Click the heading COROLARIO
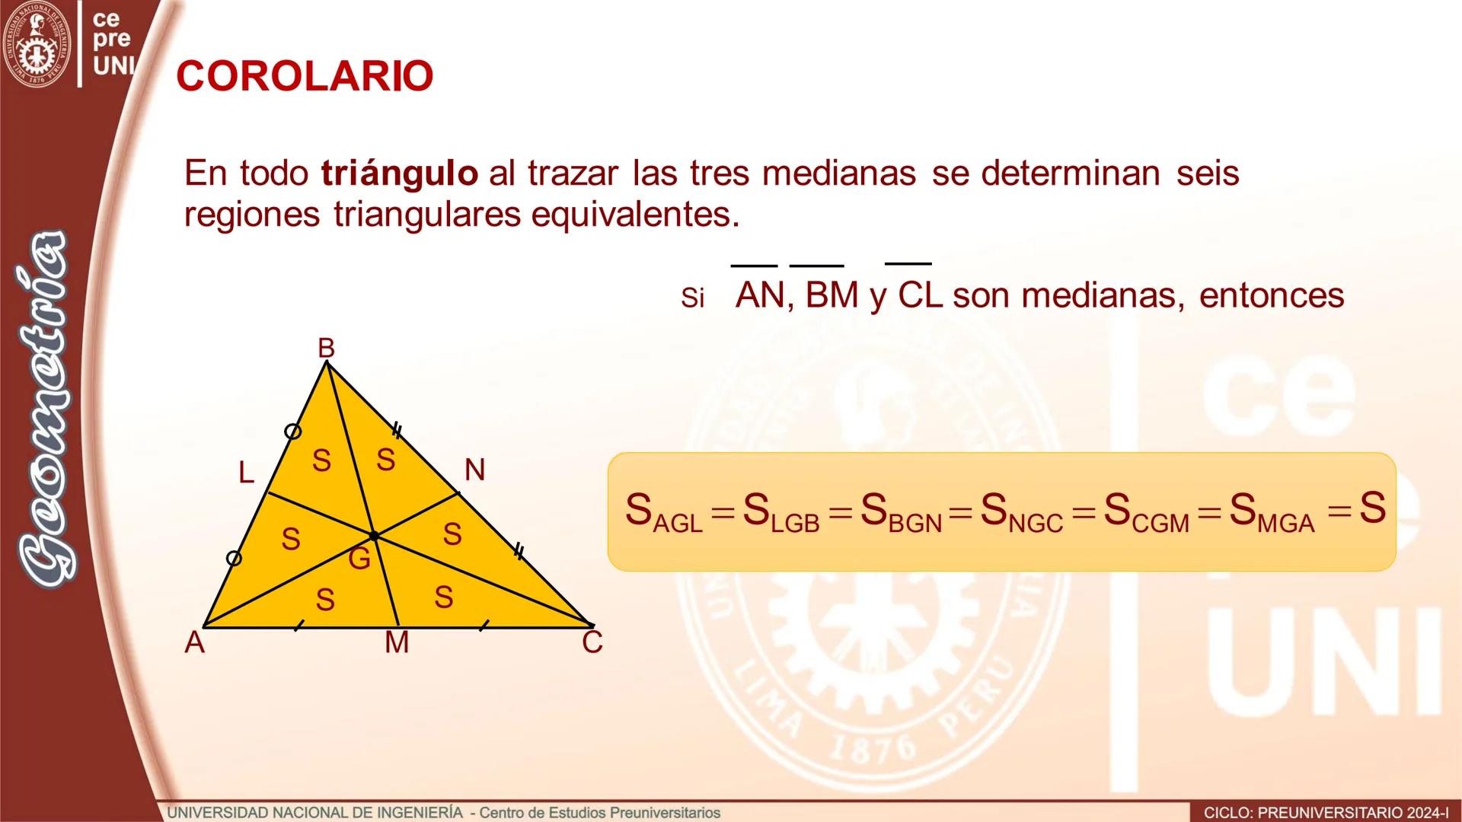[x=305, y=76]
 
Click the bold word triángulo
[x=400, y=174]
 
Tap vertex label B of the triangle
[x=326, y=349]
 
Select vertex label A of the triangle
[x=195, y=643]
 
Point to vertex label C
[x=592, y=643]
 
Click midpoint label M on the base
[x=397, y=643]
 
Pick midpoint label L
[x=245, y=473]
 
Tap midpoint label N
[x=474, y=470]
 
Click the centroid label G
[x=359, y=559]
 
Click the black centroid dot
[x=373, y=536]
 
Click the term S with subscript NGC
[x=1021, y=511]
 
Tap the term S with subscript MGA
[x=1272, y=511]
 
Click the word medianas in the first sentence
[x=838, y=174]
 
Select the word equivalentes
[x=635, y=215]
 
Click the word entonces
[x=1272, y=295]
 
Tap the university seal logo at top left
[x=37, y=44]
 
